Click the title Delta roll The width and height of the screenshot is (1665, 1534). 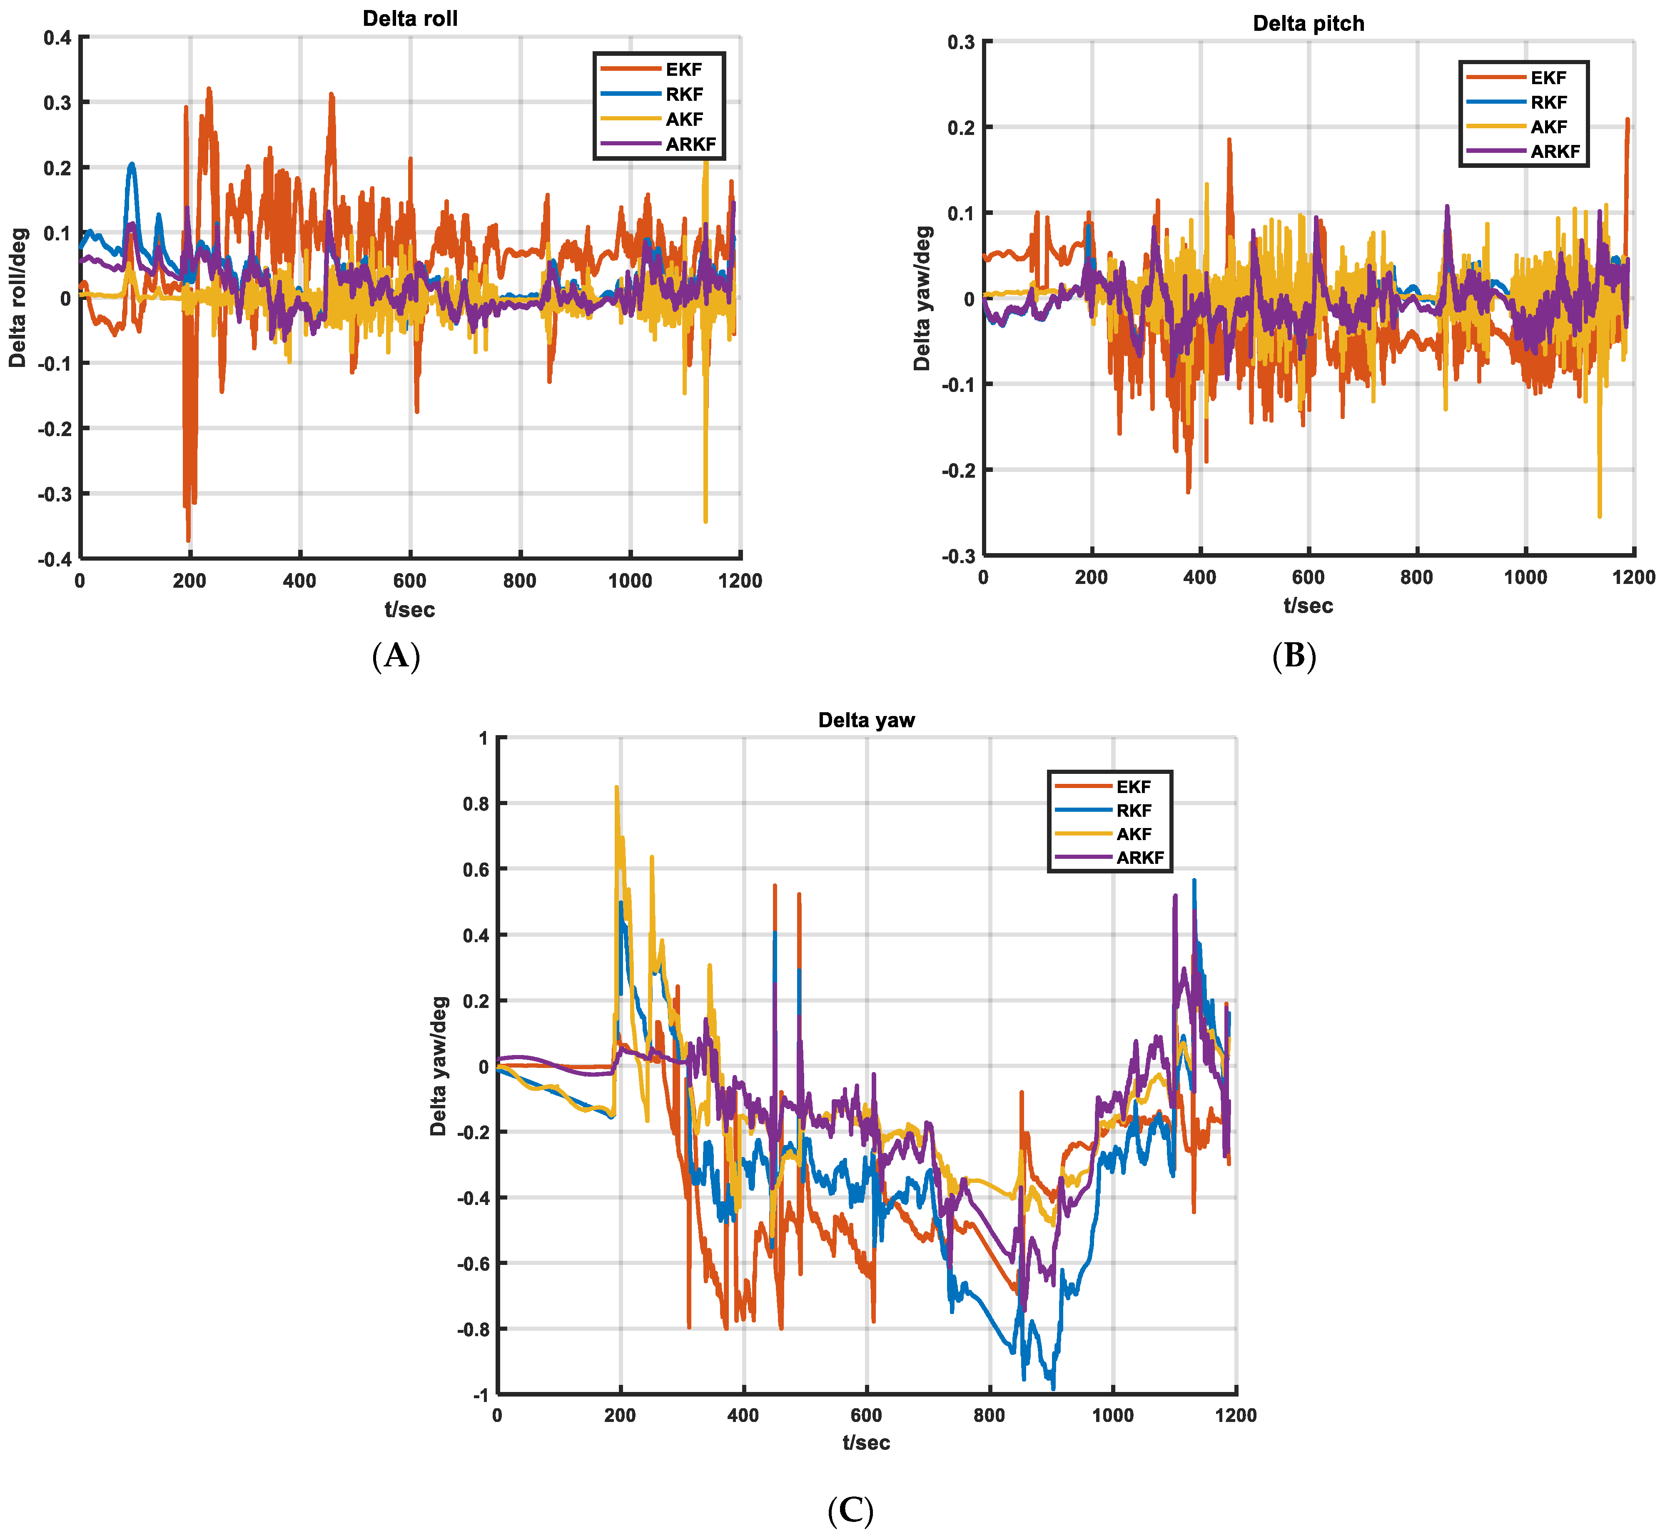coord(410,18)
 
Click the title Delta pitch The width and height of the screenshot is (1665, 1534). coord(1308,23)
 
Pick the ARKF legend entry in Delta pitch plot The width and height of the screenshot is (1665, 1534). coord(1555,151)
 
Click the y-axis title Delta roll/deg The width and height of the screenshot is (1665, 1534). coord(18,297)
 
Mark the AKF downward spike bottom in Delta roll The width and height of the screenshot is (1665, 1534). coord(705,521)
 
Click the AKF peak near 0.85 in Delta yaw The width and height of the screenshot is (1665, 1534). coord(616,787)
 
